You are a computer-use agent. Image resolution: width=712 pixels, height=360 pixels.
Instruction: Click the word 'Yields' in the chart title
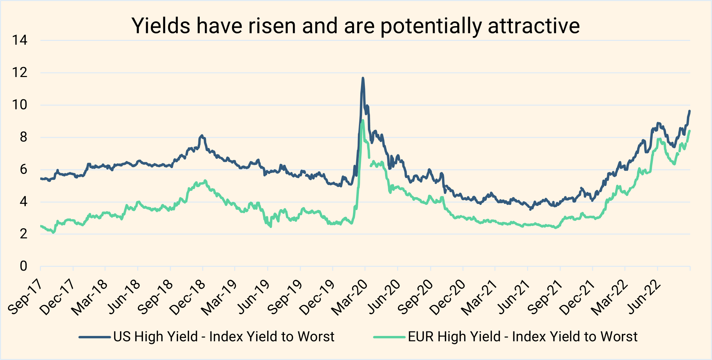161,26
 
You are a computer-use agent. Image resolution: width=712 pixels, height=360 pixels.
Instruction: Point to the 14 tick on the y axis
20,41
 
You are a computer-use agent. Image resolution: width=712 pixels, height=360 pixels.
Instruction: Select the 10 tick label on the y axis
20,105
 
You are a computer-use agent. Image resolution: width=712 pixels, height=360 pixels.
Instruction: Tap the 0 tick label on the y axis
23,266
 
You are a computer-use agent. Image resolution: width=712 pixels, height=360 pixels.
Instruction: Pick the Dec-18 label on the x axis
188,298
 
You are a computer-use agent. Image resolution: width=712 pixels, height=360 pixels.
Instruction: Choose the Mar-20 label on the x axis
350,298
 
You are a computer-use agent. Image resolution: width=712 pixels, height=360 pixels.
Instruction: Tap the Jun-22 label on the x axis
643,298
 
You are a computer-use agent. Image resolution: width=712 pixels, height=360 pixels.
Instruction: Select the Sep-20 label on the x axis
415,298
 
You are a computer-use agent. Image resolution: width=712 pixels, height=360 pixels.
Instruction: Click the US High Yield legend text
224,337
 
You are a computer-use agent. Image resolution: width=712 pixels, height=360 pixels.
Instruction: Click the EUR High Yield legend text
523,337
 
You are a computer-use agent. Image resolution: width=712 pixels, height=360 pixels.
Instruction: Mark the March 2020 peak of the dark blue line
363,78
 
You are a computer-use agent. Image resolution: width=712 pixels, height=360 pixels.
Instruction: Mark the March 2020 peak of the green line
363,120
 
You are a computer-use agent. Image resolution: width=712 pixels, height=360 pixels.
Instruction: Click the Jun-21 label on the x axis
513,298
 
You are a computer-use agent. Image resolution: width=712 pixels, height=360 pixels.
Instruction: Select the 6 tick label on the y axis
23,170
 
